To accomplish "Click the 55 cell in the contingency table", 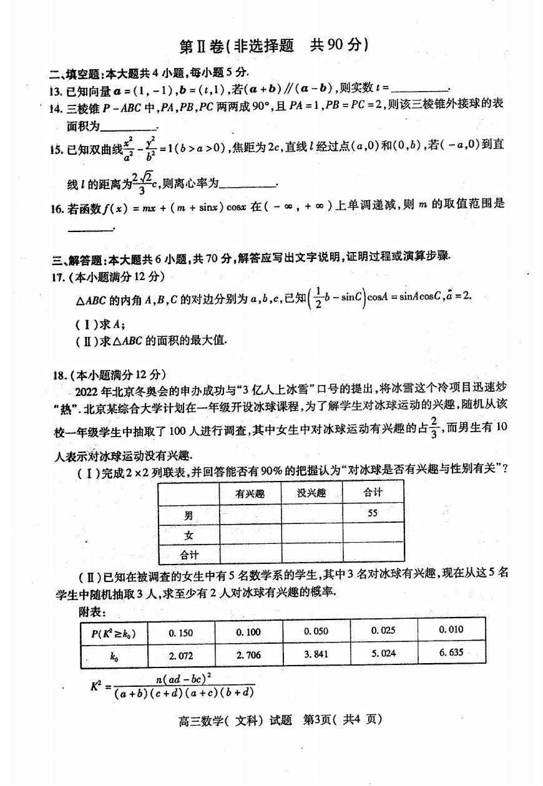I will [x=373, y=513].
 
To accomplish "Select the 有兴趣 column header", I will [x=250, y=493].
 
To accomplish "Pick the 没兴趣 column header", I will [x=311, y=493].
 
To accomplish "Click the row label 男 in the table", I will [x=188, y=515].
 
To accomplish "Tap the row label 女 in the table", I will [x=188, y=535].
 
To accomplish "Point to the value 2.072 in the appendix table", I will [x=181, y=656].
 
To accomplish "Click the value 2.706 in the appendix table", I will [x=248, y=655].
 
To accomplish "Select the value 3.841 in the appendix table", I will [x=316, y=654].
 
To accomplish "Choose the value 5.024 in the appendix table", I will [x=383, y=654].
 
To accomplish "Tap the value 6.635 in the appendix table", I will [x=451, y=653].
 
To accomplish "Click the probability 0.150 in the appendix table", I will [x=181, y=633].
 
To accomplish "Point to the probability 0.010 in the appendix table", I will [x=451, y=629].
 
